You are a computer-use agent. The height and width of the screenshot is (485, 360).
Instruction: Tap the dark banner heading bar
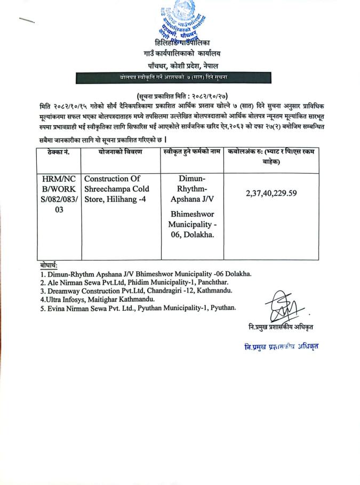181,78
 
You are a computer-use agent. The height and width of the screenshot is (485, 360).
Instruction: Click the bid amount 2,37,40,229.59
271,193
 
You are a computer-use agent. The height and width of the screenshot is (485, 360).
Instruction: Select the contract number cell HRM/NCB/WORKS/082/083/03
59,194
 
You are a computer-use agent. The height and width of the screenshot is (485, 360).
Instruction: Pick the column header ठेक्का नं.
59,152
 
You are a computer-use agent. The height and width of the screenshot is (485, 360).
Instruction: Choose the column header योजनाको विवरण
120,152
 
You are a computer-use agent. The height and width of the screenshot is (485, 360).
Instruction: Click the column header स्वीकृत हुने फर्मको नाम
192,152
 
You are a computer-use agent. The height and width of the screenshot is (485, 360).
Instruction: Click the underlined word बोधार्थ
49,265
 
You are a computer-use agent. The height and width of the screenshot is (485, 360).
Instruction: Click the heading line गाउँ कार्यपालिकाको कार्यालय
181,54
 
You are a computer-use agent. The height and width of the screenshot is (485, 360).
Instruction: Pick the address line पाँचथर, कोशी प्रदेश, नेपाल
181,66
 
